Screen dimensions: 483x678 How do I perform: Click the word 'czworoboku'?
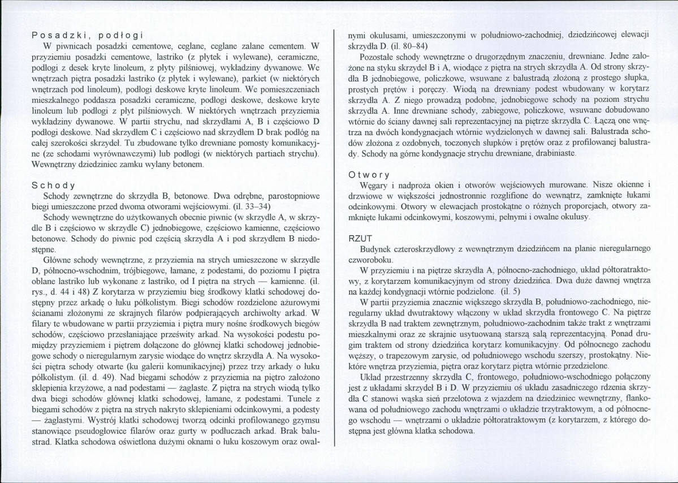click(x=370, y=259)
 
